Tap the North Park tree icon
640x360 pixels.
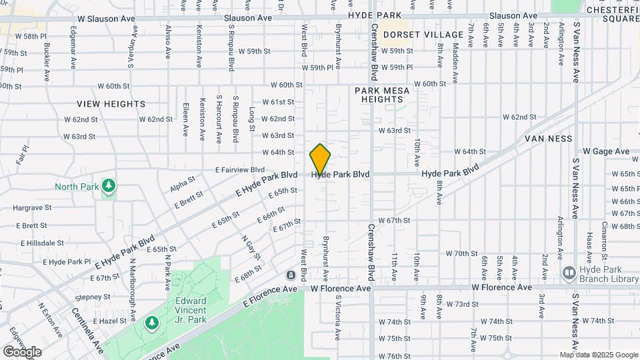[108, 185]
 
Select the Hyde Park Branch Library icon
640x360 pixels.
[569, 272]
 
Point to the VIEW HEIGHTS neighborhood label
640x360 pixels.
[111, 104]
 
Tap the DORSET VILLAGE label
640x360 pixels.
[423, 35]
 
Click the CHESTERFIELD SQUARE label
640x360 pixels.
[612, 14]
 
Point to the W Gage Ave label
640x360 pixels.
[606, 152]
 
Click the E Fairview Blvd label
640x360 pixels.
[240, 170]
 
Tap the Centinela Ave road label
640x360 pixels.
[88, 331]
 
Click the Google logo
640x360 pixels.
[22, 351]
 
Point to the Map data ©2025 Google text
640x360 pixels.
[598, 355]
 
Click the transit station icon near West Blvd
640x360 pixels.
[291, 275]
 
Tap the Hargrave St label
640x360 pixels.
[32, 208]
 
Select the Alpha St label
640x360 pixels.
[182, 183]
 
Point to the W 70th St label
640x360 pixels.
[462, 253]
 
